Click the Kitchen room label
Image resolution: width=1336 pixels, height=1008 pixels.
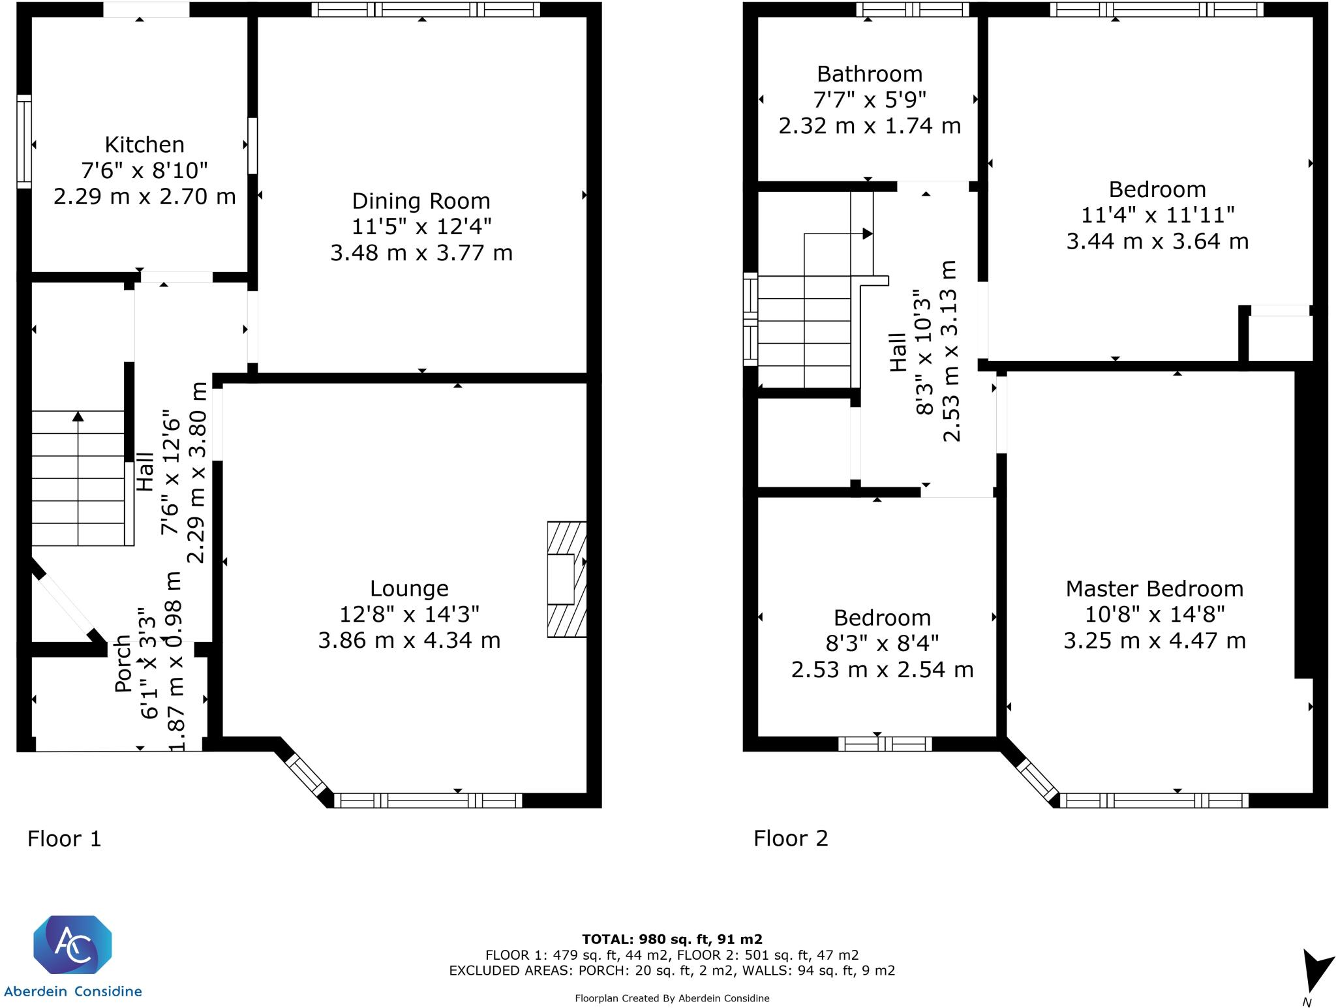point(145,144)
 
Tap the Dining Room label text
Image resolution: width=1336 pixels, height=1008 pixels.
point(421,201)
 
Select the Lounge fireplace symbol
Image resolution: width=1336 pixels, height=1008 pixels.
point(566,579)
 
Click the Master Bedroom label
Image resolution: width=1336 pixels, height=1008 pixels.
point(1154,588)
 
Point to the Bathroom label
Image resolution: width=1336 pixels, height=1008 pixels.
point(870,74)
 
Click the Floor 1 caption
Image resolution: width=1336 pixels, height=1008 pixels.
point(65,838)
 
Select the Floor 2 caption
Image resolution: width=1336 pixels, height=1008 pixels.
point(791,838)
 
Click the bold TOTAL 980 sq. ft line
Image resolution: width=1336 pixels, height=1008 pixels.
point(672,939)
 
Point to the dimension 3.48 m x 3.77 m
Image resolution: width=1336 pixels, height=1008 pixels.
point(421,252)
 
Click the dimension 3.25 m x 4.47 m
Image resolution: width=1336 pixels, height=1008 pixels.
point(1154,641)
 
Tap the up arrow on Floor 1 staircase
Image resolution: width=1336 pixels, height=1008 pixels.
point(78,416)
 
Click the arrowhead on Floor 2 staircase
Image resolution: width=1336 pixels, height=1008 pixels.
point(867,233)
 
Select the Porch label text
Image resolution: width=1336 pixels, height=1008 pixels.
point(123,664)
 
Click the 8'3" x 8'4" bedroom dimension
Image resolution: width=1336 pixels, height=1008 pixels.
point(882,644)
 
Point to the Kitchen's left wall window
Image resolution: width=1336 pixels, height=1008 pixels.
point(24,142)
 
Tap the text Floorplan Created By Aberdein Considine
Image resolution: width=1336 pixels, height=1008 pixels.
point(672,998)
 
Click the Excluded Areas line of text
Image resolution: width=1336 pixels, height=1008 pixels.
point(672,970)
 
